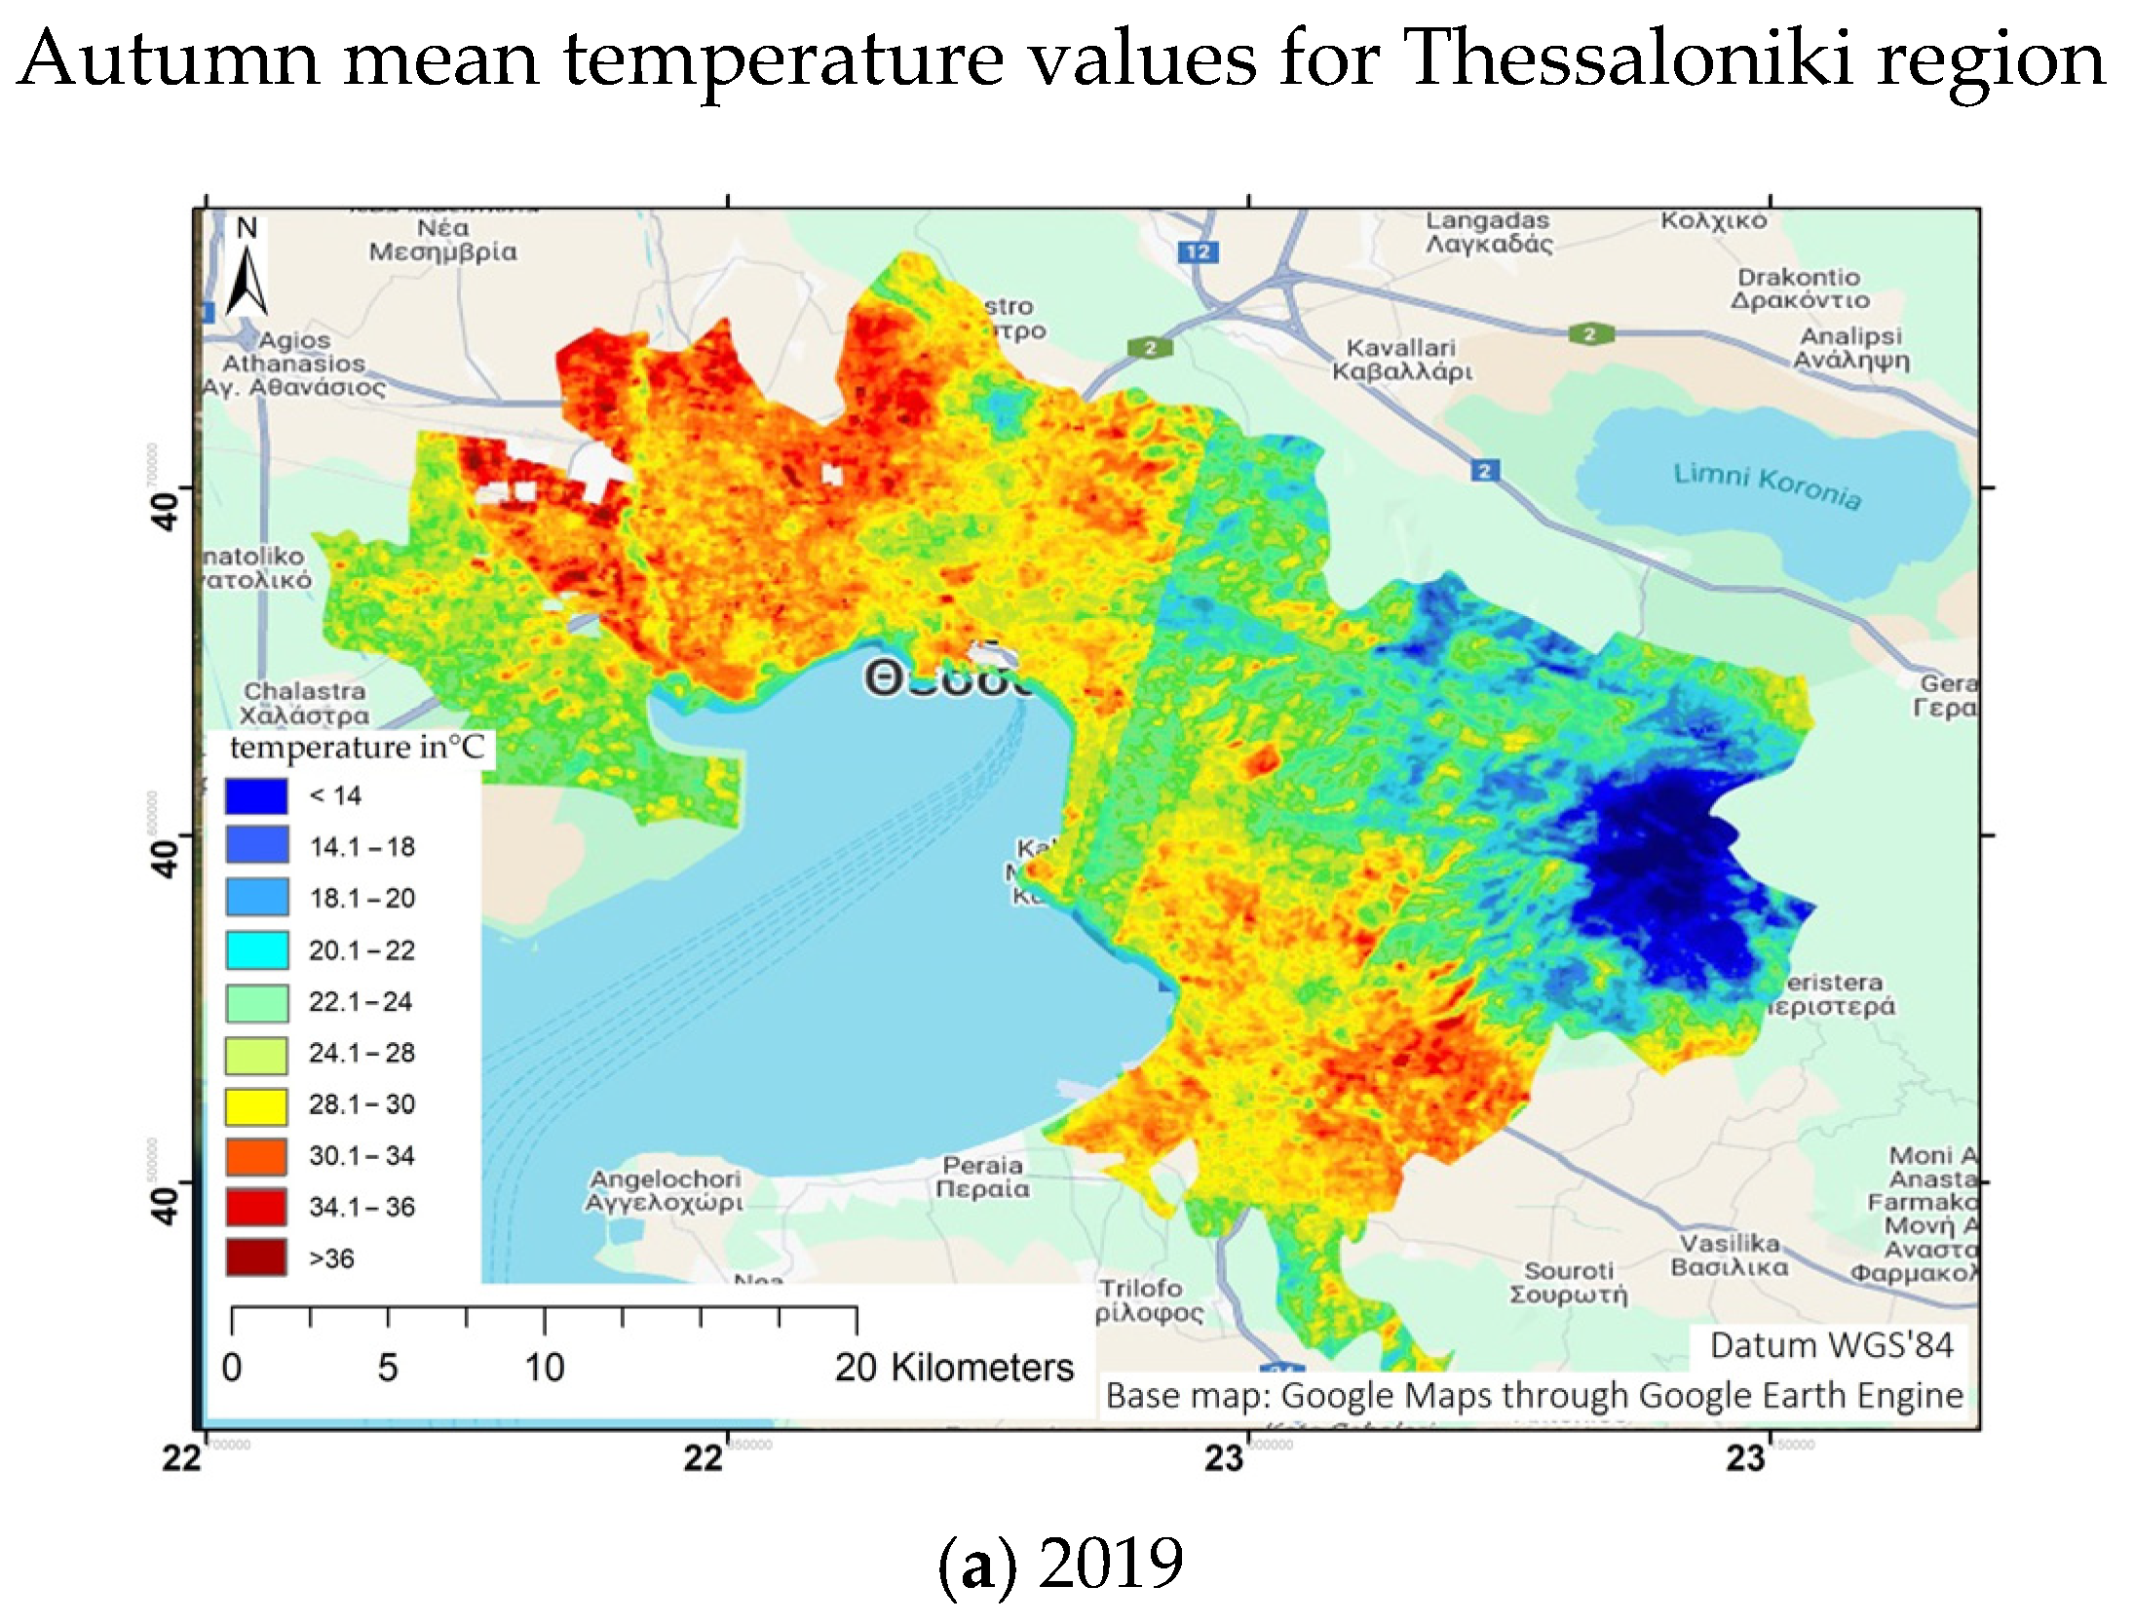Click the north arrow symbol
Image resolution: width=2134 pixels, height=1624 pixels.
point(247,272)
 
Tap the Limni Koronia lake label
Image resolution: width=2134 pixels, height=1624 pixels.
point(1767,485)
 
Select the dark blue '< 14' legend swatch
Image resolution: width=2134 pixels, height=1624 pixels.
point(256,795)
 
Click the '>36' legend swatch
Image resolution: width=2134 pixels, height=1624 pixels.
point(256,1257)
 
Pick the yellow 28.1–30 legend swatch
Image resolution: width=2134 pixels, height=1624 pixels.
point(256,1104)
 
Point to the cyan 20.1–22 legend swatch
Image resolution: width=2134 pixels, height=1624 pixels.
point(256,949)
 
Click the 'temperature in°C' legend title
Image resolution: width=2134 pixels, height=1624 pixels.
point(356,748)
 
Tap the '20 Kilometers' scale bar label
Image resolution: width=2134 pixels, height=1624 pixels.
point(953,1368)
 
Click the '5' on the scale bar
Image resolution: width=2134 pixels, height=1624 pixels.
point(387,1368)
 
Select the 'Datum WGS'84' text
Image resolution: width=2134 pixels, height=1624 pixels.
point(1831,1345)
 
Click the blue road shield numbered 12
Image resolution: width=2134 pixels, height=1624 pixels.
point(1198,251)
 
